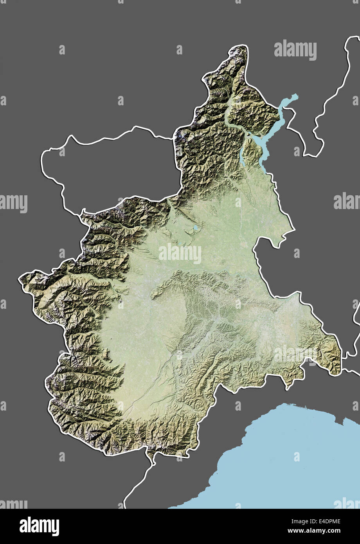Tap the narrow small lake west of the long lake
(241, 157)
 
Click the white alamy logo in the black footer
(39, 526)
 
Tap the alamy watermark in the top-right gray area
(295, 50)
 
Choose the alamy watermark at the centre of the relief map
(180, 254)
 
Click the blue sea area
(282, 462)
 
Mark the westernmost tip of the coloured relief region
(20, 279)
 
